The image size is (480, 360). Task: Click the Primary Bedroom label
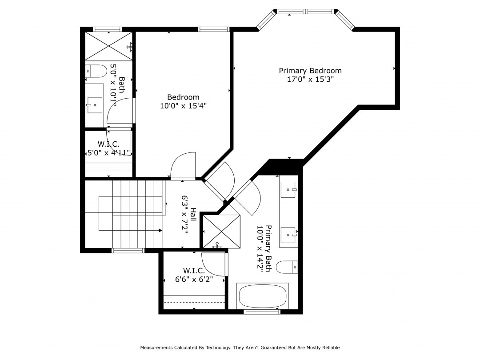310,71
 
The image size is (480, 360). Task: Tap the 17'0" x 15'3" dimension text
310,79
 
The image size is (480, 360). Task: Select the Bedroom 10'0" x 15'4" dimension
184,106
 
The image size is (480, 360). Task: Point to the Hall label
193,215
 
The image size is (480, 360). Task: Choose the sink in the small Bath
95,105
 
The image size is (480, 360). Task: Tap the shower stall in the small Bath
109,46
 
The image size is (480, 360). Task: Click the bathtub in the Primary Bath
263,296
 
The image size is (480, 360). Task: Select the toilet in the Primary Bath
287,267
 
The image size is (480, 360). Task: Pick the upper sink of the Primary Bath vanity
288,190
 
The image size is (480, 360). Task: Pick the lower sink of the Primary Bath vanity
288,235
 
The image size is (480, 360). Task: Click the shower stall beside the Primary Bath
222,232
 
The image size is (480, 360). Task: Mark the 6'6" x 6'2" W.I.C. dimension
194,279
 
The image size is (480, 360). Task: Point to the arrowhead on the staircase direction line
160,230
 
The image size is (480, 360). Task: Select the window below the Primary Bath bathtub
262,312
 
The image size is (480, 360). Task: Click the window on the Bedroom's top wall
213,29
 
